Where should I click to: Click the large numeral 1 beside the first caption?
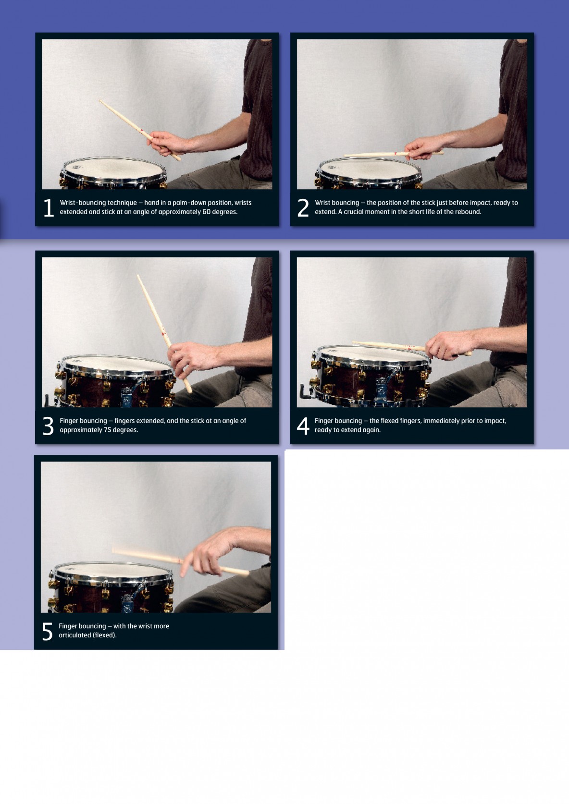[x=49, y=208]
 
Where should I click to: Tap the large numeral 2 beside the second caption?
[x=303, y=208]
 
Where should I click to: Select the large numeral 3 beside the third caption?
[x=48, y=426]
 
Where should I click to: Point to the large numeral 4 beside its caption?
[x=303, y=426]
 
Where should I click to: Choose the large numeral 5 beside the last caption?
[x=47, y=632]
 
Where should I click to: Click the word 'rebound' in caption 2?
[x=468, y=212]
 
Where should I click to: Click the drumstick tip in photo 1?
[x=100, y=101]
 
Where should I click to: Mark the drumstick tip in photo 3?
[x=138, y=276]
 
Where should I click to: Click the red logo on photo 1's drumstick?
[x=143, y=131]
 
